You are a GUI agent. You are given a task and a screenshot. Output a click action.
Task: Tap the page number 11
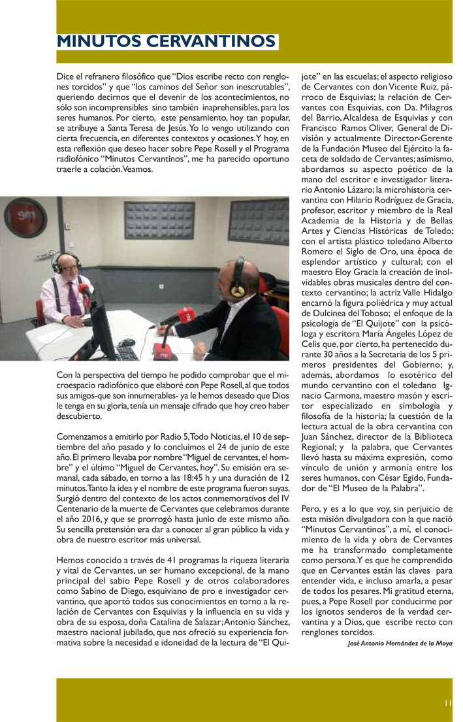tap(447, 703)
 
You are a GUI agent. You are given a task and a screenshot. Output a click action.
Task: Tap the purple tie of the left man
tap(74, 303)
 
